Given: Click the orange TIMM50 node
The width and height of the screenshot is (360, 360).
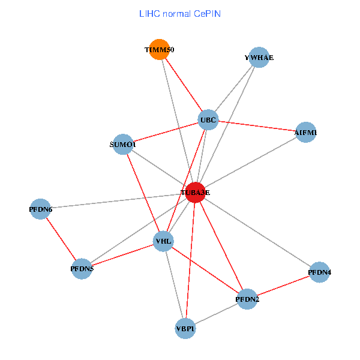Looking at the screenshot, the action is coord(159,49).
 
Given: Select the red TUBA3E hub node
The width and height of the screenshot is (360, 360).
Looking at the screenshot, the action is coord(195,193).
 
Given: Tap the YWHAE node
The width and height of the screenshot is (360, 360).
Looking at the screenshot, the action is coord(259,58).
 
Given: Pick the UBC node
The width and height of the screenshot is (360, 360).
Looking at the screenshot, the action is coord(208,119).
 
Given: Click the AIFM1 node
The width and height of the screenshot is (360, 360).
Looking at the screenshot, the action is coord(306,132).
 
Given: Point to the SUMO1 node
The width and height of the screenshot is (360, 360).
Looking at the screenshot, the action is coord(123,145).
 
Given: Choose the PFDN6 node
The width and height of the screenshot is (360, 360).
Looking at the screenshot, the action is coord(40,209).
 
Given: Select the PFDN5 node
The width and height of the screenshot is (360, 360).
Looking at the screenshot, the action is coord(82,268).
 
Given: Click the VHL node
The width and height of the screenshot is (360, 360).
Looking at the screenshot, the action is coord(163,242).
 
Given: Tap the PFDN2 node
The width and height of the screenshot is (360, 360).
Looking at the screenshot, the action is coord(247,298).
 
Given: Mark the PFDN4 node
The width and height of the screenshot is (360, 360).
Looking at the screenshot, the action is coord(319,272).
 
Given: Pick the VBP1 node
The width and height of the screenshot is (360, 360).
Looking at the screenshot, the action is coord(185,328).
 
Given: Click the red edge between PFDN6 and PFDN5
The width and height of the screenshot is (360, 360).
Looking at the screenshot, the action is coord(61,238).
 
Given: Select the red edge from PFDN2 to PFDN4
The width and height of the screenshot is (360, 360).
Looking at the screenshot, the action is coord(283,286).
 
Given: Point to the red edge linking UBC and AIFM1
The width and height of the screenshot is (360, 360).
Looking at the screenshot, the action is coord(257,126).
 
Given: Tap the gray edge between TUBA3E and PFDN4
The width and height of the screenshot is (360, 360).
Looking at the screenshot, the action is coord(257,232).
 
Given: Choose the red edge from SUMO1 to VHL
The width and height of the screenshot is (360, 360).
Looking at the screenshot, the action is coord(143,193).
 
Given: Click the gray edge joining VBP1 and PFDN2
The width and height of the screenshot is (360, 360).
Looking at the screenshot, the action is coord(216,313).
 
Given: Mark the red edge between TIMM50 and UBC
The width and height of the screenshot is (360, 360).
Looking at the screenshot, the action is coord(183,84).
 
